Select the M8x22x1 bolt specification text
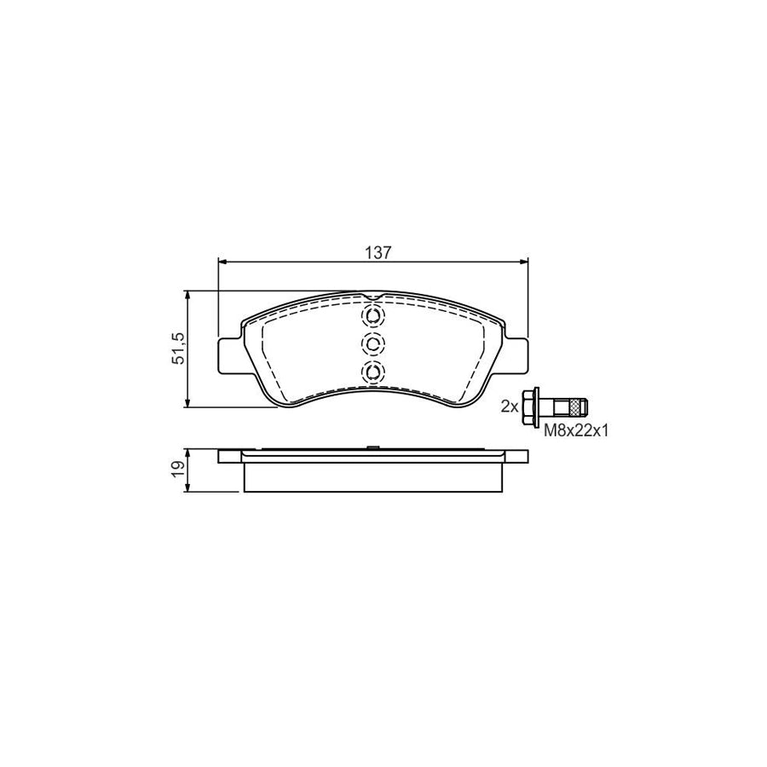[575, 432]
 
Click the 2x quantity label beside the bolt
[509, 407]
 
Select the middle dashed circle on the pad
[372, 344]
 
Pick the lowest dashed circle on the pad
[372, 372]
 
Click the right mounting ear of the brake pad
[516, 355]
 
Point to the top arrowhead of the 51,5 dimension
[187, 295]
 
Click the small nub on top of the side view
[372, 448]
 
